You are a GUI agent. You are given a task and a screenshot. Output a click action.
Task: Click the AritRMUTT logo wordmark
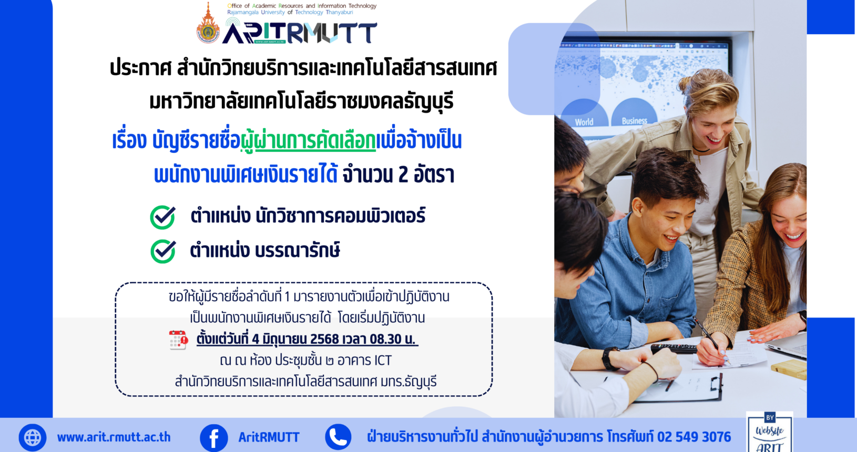(x=300, y=33)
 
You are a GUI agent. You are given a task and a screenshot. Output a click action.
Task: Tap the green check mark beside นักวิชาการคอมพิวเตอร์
(x=163, y=217)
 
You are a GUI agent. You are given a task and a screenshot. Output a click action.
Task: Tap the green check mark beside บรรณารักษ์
(x=163, y=251)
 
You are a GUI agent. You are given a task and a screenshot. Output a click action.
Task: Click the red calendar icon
(x=178, y=340)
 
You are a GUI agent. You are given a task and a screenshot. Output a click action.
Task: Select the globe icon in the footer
(x=33, y=437)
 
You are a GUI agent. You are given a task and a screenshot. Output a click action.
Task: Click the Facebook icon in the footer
(x=214, y=437)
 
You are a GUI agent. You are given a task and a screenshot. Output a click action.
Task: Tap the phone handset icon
(x=338, y=437)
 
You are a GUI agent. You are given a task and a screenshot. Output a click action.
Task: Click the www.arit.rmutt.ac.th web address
(x=114, y=437)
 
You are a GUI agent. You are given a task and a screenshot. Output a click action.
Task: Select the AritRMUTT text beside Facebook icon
(x=269, y=437)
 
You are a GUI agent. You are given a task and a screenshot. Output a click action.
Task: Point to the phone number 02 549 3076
(x=693, y=437)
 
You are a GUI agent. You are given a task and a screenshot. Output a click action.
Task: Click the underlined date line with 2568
(x=307, y=339)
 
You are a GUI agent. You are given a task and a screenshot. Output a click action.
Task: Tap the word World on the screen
(x=584, y=122)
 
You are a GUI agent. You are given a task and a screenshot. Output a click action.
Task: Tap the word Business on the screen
(x=634, y=121)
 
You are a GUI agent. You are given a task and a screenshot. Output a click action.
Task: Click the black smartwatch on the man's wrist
(x=608, y=358)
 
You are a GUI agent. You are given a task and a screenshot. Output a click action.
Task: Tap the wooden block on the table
(x=789, y=368)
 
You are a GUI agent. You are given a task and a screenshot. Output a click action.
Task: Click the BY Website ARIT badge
(x=769, y=432)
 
